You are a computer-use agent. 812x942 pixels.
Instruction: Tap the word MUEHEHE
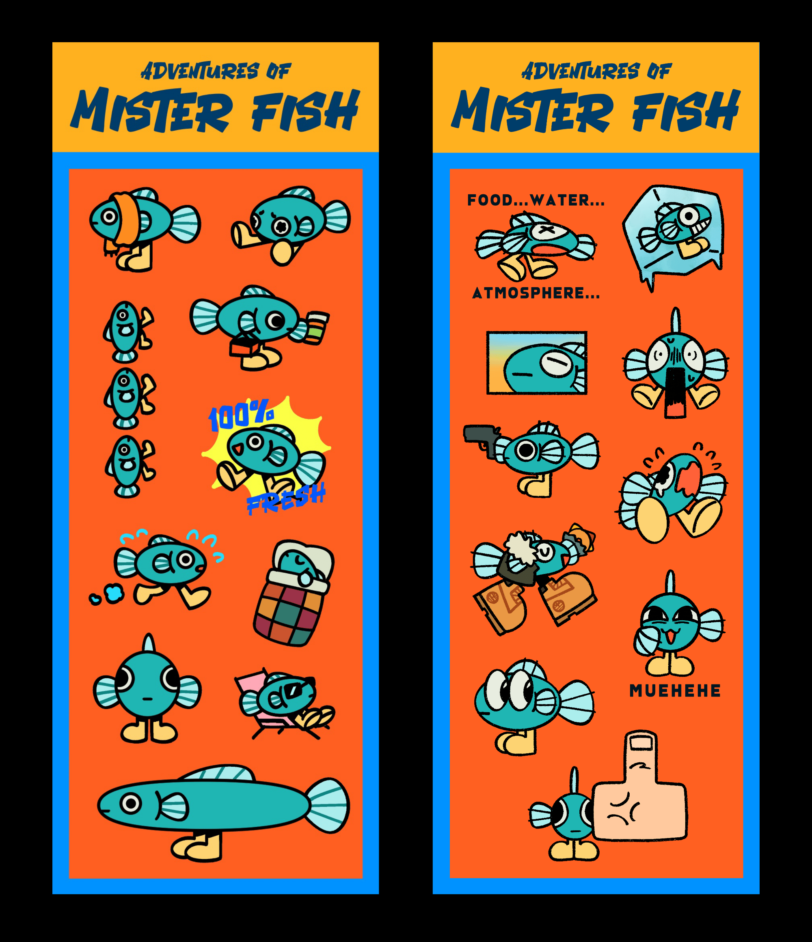tap(675, 691)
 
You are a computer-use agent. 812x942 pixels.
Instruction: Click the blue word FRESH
tap(286, 498)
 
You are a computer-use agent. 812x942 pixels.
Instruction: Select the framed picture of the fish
tap(537, 362)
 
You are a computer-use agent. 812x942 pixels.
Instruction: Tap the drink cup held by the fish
tap(317, 327)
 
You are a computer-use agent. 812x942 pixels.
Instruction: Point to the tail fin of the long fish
tap(327, 806)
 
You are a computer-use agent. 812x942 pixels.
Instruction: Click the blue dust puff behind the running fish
tap(113, 593)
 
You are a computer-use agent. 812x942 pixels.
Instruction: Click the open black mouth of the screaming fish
tap(675, 391)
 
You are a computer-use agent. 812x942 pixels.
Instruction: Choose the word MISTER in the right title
tap(531, 110)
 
